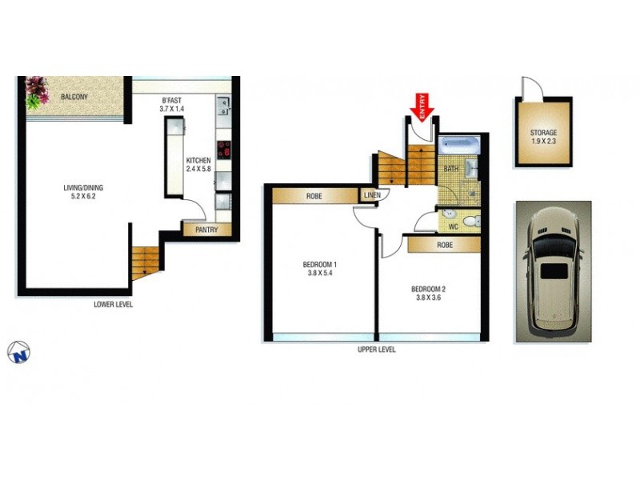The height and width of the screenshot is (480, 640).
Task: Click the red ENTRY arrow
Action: [422, 104]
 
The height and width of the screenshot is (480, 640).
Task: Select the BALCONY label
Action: [74, 97]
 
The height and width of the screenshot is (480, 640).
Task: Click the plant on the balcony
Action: [36, 92]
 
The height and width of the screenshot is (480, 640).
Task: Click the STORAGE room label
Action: [543, 133]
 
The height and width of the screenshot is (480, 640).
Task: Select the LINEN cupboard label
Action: [371, 195]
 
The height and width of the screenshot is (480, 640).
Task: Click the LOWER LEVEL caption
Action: [113, 304]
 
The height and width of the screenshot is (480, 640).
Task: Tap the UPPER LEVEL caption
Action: [376, 350]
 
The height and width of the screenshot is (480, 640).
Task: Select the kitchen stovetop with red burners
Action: [224, 149]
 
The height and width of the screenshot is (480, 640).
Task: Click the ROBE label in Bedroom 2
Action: [445, 245]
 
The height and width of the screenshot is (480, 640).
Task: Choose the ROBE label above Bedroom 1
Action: [314, 196]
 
